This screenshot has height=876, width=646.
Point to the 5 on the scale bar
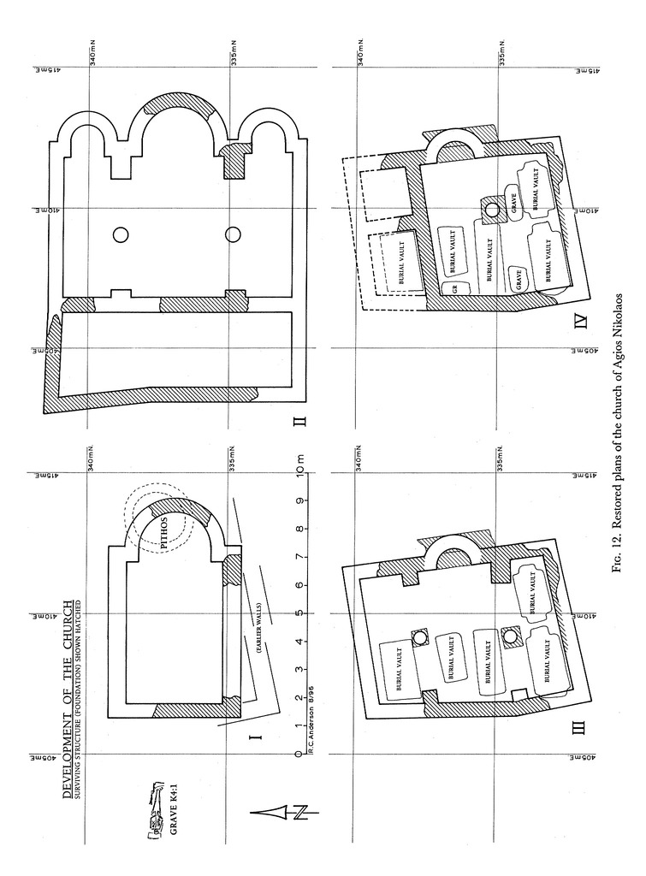[x=299, y=613]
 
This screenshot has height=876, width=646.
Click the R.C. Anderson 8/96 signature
[x=311, y=724]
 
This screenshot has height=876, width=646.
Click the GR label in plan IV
[x=453, y=289]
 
